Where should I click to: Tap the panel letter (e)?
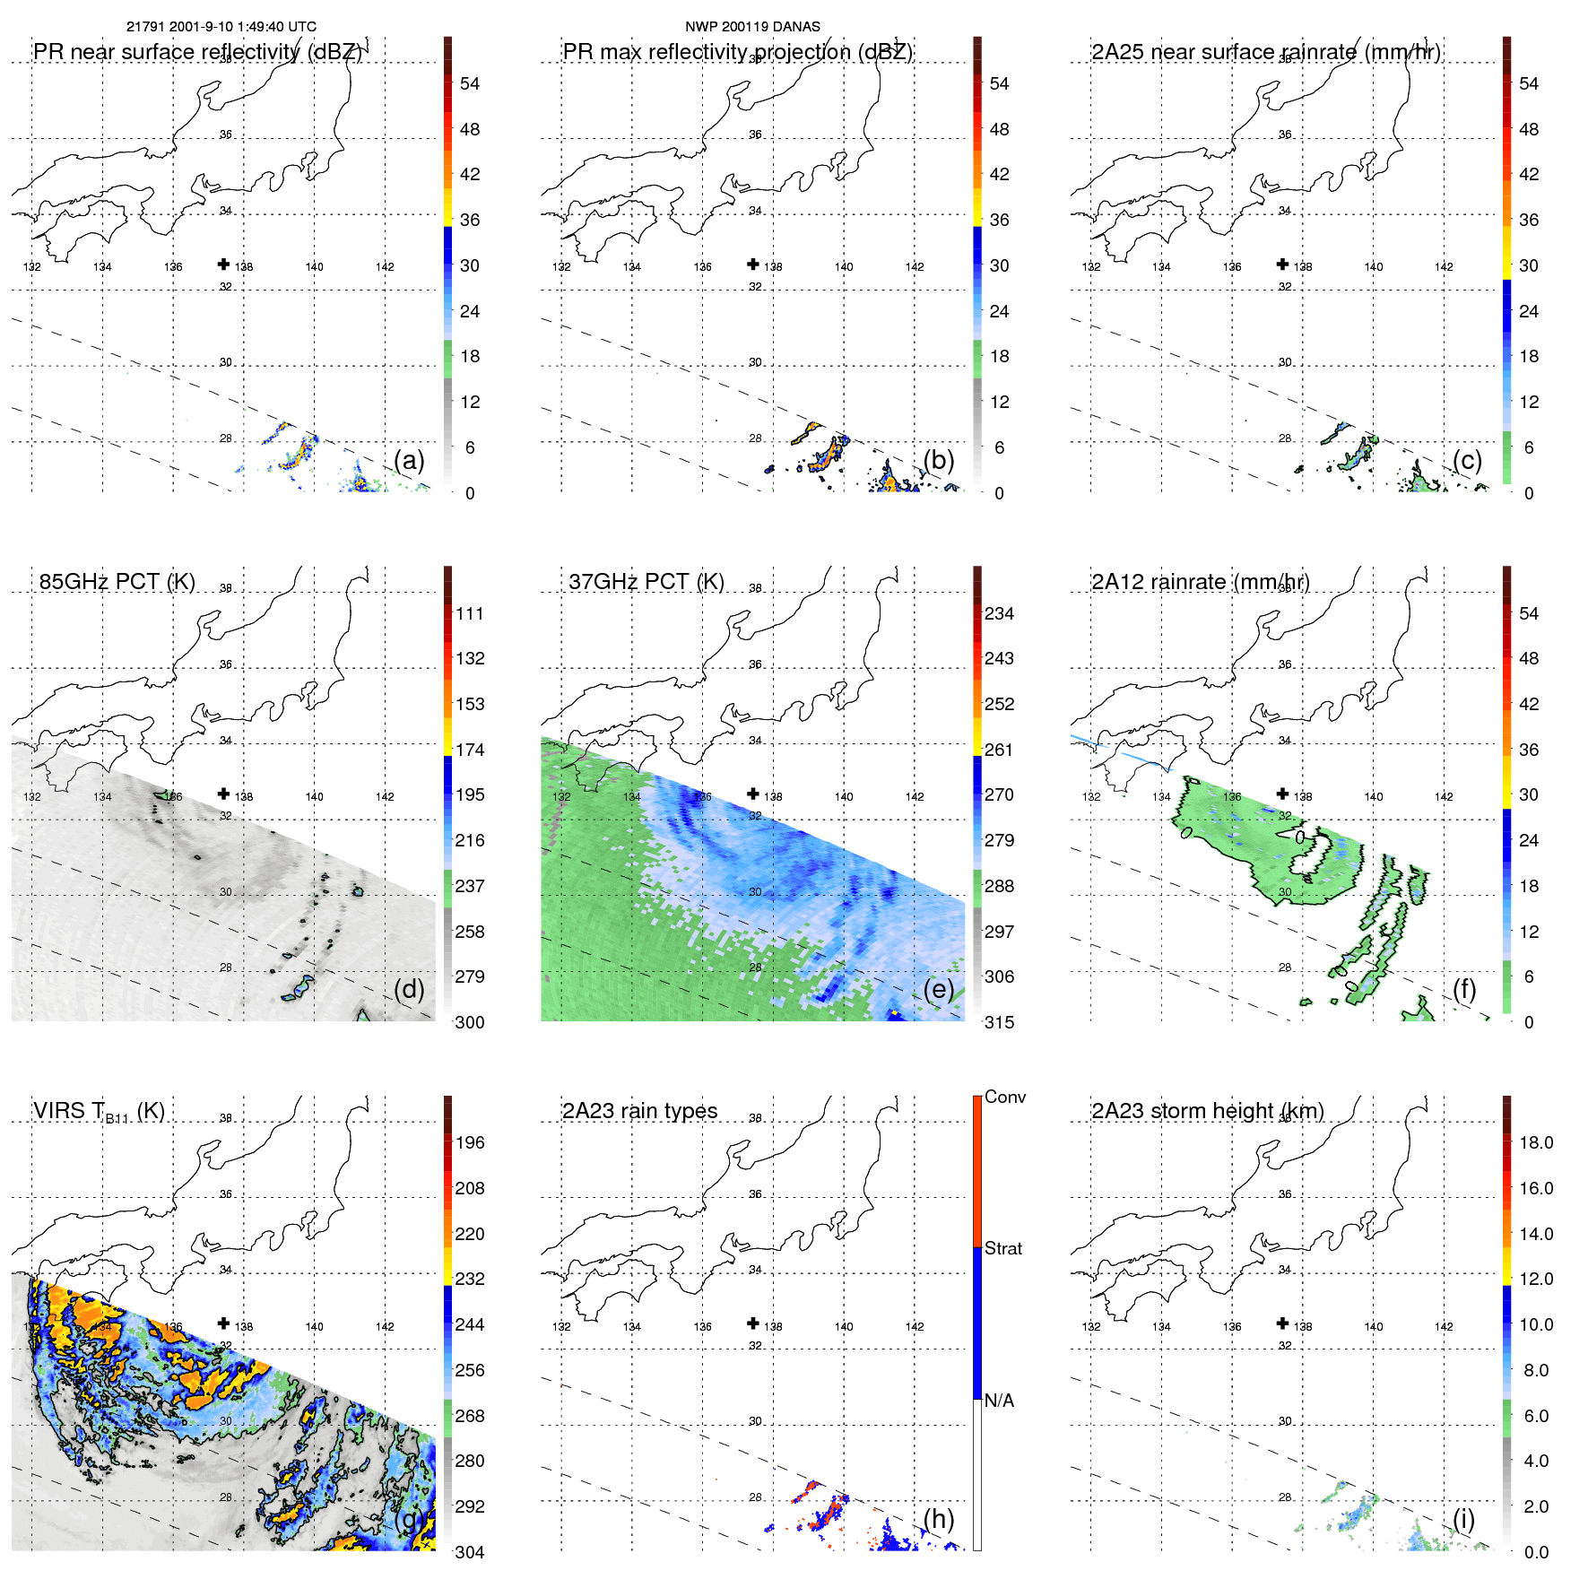pyautogui.click(x=938, y=989)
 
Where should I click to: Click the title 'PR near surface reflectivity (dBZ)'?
pyautogui.click(x=197, y=52)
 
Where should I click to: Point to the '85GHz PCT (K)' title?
pyautogui.click(x=117, y=582)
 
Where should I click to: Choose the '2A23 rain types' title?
pyautogui.click(x=639, y=1111)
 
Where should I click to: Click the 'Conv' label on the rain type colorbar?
pyautogui.click(x=1004, y=1097)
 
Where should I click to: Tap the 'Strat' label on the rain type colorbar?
pyautogui.click(x=1002, y=1248)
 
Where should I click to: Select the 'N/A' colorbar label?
pyautogui.click(x=999, y=1401)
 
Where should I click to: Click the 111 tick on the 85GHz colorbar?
pyautogui.click(x=470, y=613)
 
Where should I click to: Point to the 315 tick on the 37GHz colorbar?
pyautogui.click(x=999, y=1022)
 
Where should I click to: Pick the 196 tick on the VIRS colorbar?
pyautogui.click(x=470, y=1142)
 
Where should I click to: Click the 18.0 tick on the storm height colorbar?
pyautogui.click(x=1535, y=1142)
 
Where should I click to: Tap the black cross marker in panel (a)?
pyautogui.click(x=223, y=264)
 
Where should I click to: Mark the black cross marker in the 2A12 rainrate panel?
pyautogui.click(x=1282, y=794)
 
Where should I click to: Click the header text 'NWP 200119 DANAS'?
pyautogui.click(x=752, y=27)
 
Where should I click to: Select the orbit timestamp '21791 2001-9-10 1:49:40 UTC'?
pyautogui.click(x=221, y=27)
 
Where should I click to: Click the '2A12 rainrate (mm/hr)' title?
pyautogui.click(x=1200, y=582)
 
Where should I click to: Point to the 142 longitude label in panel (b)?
pyautogui.click(x=914, y=267)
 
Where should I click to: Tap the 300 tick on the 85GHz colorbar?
pyautogui.click(x=470, y=1022)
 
